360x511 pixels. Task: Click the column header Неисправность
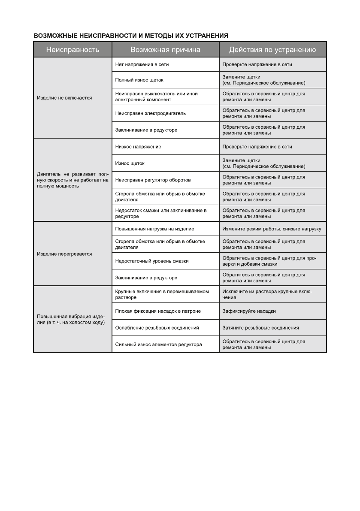pyautogui.click(x=73, y=50)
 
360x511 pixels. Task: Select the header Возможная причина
pyautogui.click(x=165, y=50)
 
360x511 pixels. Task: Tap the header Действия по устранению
pyautogui.click(x=272, y=50)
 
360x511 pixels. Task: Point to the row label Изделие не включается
pyautogui.click(x=64, y=97)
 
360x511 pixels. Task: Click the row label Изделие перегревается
pyautogui.click(x=64, y=254)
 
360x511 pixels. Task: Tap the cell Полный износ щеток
pyautogui.click(x=139, y=80)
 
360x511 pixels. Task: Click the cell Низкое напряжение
pyautogui.click(x=139, y=147)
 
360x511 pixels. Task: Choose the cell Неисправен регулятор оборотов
pyautogui.click(x=153, y=180)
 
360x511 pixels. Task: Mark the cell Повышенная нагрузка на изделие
pyautogui.click(x=155, y=229)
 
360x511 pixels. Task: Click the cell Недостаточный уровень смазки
pyautogui.click(x=152, y=261)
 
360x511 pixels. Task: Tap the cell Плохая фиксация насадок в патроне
pyautogui.click(x=158, y=311)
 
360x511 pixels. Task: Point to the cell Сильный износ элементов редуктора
pyautogui.click(x=159, y=344)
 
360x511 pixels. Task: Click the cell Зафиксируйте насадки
pyautogui.click(x=249, y=311)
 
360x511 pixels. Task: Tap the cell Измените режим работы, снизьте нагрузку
pyautogui.click(x=272, y=229)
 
